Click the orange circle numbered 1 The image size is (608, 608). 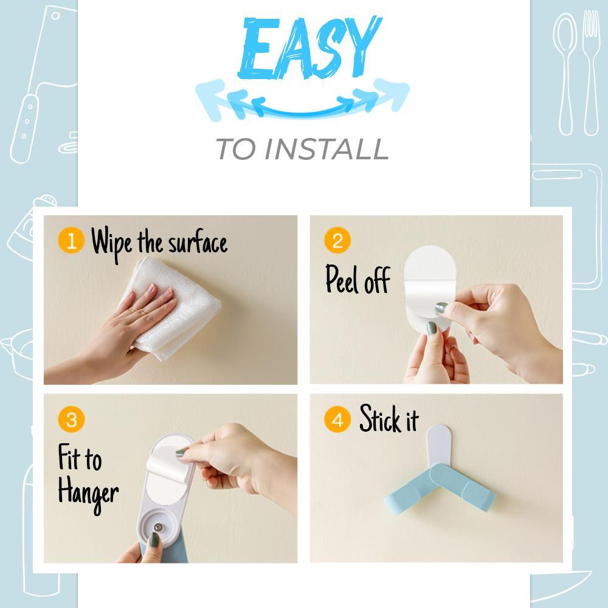pyautogui.click(x=71, y=241)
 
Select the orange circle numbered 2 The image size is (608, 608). pyautogui.click(x=337, y=241)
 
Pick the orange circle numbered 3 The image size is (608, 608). pyautogui.click(x=71, y=420)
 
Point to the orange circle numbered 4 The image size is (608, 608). pyautogui.click(x=337, y=420)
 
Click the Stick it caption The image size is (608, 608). pyautogui.click(x=389, y=420)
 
